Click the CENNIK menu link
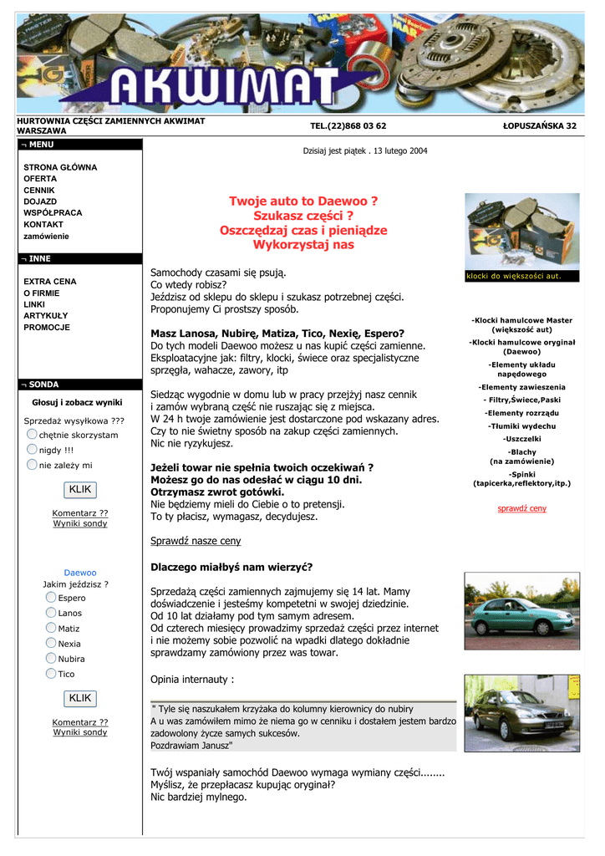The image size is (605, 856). [38, 190]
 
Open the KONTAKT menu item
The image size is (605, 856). [43, 224]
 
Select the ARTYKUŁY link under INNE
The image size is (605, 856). [46, 315]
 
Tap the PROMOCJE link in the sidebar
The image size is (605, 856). [47, 327]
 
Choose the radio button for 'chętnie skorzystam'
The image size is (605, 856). [32, 435]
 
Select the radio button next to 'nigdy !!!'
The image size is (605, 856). [32, 450]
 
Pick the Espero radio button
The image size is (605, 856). [51, 598]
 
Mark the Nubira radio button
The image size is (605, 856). [51, 659]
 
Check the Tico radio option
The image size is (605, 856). [51, 674]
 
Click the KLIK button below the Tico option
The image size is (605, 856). [80, 698]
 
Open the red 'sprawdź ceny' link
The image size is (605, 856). [521, 508]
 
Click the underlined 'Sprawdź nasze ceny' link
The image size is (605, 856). [196, 541]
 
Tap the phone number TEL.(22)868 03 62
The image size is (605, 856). [348, 126]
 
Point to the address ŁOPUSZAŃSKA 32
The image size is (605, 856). [539, 126]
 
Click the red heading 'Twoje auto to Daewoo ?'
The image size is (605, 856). [303, 201]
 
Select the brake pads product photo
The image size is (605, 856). [521, 232]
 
